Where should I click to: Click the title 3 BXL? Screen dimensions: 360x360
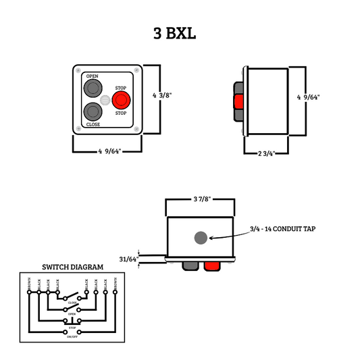tap(175, 33)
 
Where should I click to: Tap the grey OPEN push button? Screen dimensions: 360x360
tap(92, 88)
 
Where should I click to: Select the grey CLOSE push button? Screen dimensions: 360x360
tap(92, 111)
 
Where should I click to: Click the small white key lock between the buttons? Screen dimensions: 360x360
tap(105, 101)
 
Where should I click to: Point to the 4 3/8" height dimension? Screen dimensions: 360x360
tap(163, 95)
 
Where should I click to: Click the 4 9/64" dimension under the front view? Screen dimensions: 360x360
tap(109, 151)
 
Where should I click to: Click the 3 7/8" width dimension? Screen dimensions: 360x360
tap(201, 199)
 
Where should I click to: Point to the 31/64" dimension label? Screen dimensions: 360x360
tap(128, 259)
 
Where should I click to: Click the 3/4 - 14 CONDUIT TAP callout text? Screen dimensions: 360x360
tap(282, 229)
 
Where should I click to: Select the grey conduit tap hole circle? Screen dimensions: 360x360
tap(201, 238)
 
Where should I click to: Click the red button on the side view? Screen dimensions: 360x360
tap(238, 101)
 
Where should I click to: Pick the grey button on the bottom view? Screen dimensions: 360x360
tap(189, 267)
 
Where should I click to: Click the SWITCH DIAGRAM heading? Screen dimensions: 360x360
tap(73, 267)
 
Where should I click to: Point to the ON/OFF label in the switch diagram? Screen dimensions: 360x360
tap(72, 336)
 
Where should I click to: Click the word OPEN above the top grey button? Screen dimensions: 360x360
tap(92, 76)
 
